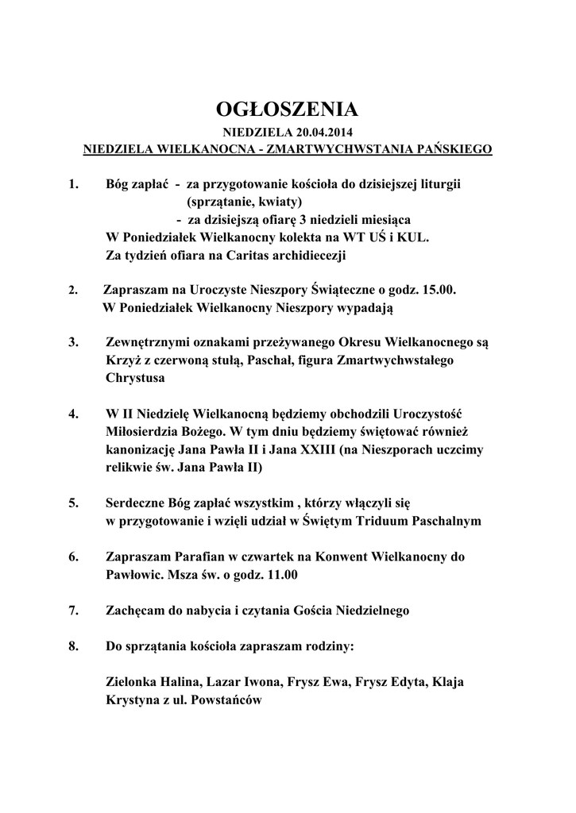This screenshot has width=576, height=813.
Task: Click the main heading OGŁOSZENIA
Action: [x=288, y=110]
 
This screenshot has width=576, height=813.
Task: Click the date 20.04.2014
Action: [x=326, y=133]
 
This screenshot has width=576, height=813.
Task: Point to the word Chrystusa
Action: [x=135, y=379]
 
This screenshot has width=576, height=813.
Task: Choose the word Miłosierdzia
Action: [x=143, y=432]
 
